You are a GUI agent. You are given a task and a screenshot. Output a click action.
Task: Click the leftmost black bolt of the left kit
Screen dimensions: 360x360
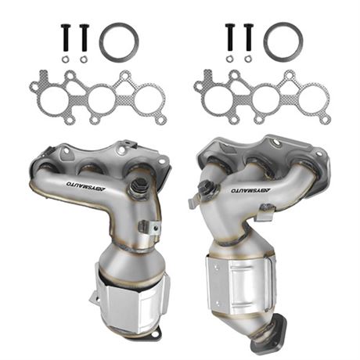[x=65, y=38]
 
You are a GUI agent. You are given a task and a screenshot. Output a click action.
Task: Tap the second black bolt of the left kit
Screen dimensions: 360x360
[x=84, y=38]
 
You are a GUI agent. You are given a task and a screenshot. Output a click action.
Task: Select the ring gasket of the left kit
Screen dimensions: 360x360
[x=119, y=42]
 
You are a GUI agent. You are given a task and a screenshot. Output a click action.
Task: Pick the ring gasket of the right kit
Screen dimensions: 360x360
[x=283, y=41]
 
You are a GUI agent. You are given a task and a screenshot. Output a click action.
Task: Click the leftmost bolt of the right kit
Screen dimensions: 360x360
[x=230, y=37]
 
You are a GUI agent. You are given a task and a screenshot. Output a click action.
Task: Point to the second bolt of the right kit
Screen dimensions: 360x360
[x=249, y=37]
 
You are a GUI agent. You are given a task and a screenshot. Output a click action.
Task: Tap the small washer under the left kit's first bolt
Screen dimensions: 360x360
[x=65, y=59]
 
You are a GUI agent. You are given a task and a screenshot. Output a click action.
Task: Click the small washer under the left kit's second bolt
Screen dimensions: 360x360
[x=84, y=59]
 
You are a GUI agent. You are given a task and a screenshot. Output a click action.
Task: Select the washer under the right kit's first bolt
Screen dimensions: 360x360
[x=229, y=59]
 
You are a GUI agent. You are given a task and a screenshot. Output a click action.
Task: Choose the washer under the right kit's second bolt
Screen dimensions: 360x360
[x=248, y=59]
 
